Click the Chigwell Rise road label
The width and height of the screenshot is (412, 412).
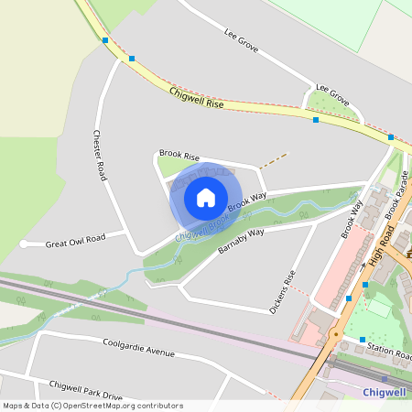197,98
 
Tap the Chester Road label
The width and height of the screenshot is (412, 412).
101,152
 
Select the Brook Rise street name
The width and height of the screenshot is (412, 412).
179,156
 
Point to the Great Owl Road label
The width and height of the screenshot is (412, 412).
76,240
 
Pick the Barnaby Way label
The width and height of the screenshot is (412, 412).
241,241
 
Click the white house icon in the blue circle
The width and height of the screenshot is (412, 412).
205,198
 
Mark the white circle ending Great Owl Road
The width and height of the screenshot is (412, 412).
24,244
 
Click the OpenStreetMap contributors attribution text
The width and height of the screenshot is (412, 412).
92,406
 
